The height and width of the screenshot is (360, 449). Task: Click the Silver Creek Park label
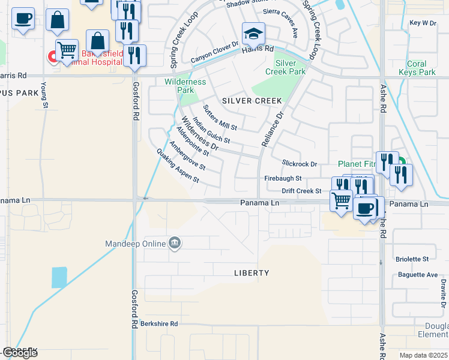tap(290, 67)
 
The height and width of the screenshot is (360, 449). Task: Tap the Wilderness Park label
tap(185, 86)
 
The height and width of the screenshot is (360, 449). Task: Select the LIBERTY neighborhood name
tap(252, 272)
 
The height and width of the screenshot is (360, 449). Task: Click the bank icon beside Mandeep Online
tap(175, 243)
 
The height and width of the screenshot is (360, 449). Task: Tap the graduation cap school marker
tap(253, 34)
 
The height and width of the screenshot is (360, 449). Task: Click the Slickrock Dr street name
tap(299, 164)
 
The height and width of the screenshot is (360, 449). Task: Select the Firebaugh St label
tap(283, 179)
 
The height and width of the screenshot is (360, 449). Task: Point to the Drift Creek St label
tap(302, 191)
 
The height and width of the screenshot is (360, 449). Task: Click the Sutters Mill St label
tap(220, 118)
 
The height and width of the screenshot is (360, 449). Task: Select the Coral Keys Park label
tap(417, 68)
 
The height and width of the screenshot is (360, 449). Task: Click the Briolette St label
tap(412, 259)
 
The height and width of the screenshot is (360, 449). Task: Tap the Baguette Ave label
tap(418, 275)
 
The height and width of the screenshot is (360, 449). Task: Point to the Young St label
tap(44, 96)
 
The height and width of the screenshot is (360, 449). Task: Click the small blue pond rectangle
tap(59, 277)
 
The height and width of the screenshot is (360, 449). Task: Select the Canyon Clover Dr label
tap(215, 56)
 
